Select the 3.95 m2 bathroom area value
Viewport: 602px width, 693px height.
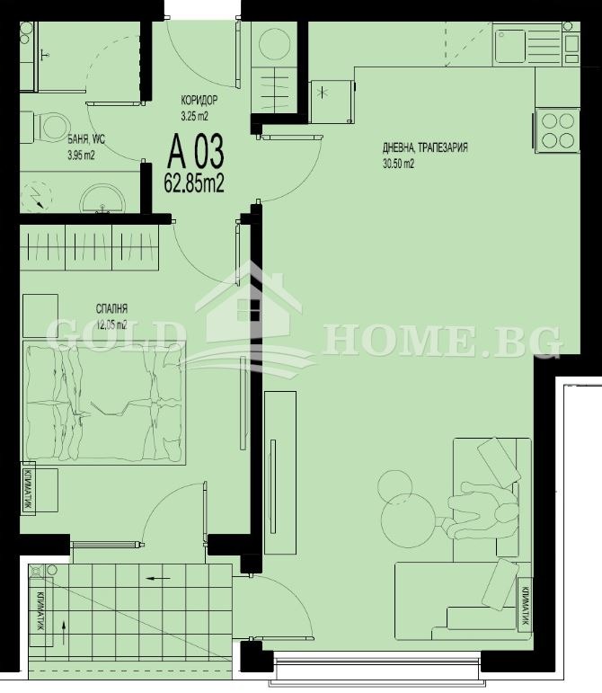coord(80,155)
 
